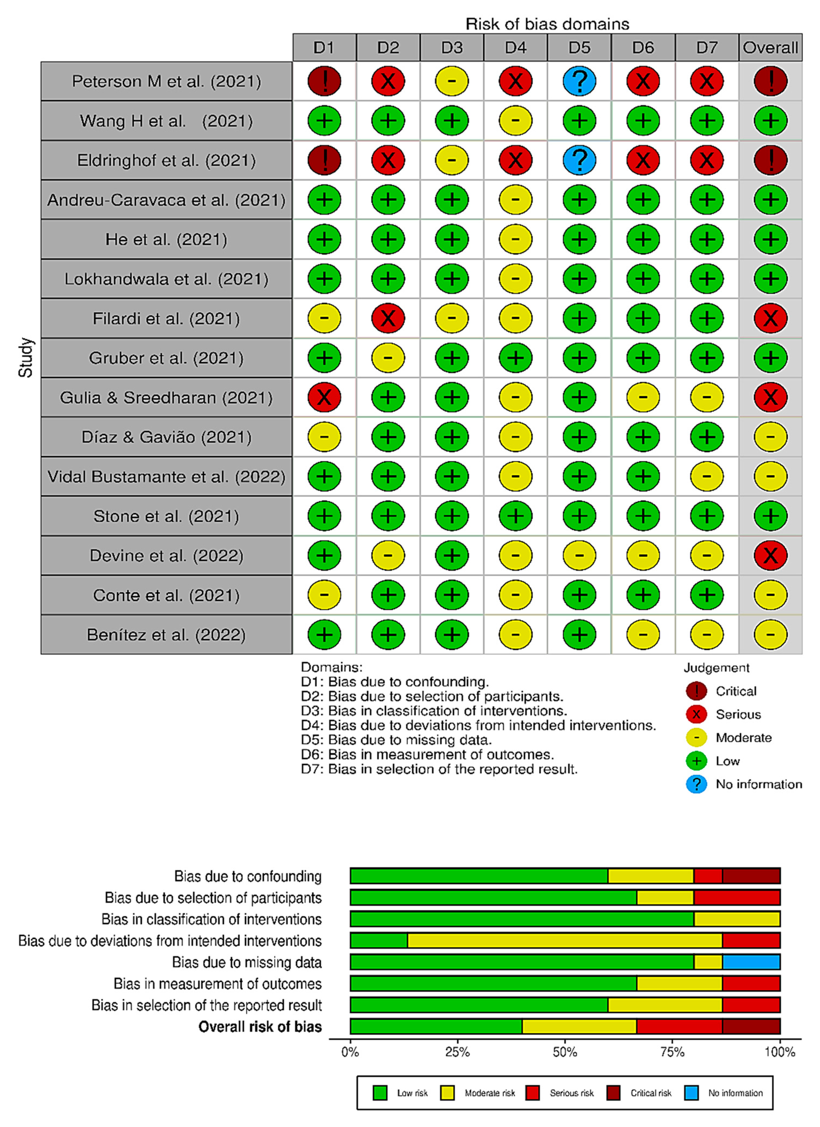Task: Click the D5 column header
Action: point(579,48)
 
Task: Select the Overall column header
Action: point(770,48)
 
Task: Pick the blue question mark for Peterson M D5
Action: point(579,81)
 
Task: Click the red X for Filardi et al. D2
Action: point(388,318)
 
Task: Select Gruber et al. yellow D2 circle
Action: point(388,358)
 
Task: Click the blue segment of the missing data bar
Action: point(751,962)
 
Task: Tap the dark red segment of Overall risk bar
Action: point(751,1026)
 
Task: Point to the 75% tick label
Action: point(672,1052)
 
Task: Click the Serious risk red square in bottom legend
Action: point(532,1093)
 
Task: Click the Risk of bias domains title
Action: point(547,24)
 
